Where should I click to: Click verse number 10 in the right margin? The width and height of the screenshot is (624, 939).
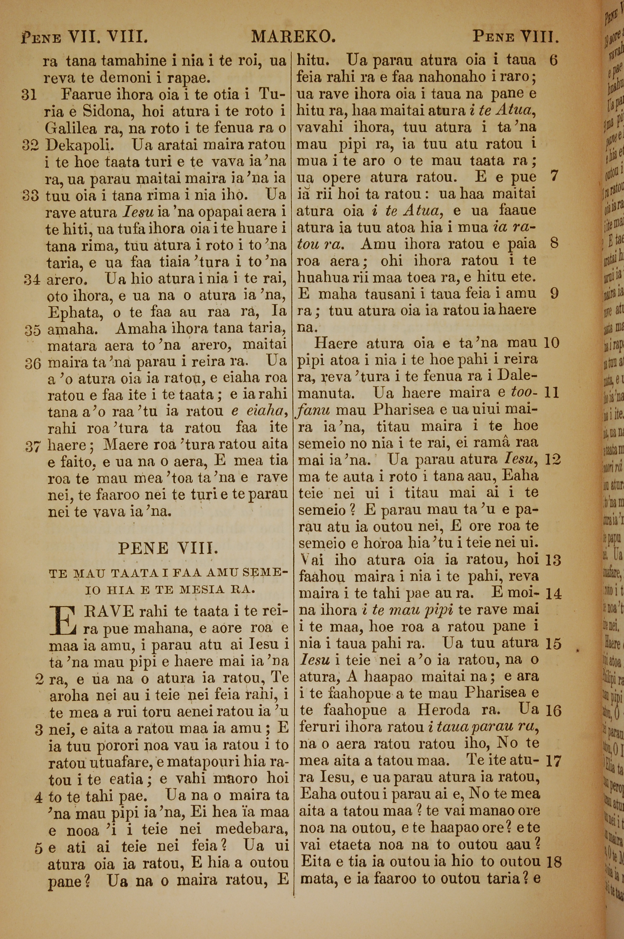coord(552,343)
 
